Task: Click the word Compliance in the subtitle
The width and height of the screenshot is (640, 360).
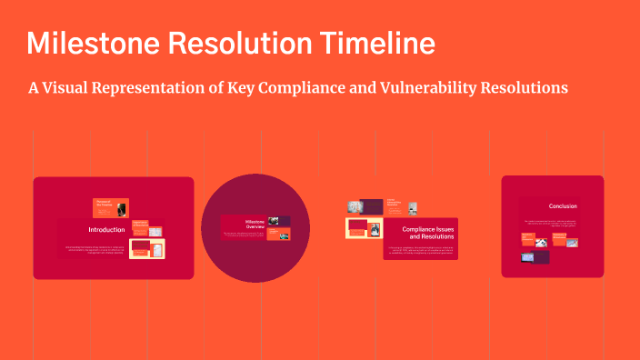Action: (303, 87)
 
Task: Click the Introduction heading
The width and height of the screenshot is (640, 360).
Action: (106, 230)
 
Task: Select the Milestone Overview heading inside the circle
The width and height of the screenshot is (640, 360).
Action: (255, 224)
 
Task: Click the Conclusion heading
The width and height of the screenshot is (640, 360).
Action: (563, 206)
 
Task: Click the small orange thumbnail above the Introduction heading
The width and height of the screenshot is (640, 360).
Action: (111, 207)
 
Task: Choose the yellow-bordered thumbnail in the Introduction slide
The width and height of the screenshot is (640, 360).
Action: (146, 248)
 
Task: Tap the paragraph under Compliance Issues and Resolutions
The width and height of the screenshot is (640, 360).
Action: (419, 249)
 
